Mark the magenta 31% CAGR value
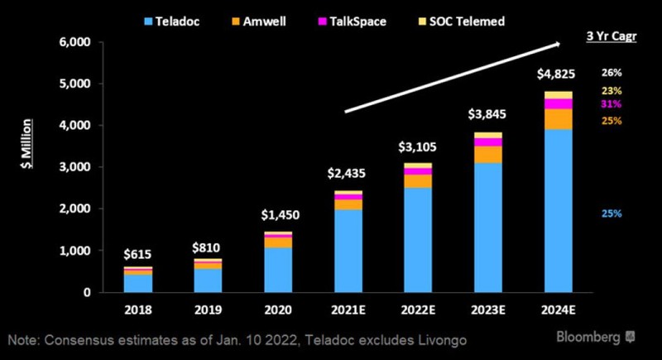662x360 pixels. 612,104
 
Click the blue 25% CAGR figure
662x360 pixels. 612,214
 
